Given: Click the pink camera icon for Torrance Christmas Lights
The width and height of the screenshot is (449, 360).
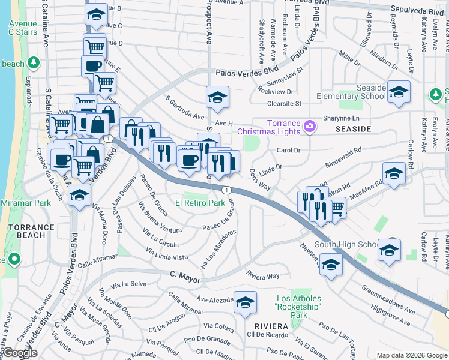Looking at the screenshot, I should tap(309, 125).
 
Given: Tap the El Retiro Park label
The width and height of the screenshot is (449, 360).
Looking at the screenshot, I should tap(200, 203).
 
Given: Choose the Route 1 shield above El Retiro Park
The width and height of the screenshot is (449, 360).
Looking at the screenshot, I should tap(226, 190).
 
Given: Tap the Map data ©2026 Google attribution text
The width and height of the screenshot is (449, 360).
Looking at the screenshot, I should tap(411, 355).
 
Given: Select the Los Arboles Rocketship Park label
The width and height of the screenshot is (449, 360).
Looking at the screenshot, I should tap(298, 306).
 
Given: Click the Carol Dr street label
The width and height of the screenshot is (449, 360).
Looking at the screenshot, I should tap(288, 151).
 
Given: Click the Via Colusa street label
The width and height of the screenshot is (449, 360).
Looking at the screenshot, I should tap(218, 326).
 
